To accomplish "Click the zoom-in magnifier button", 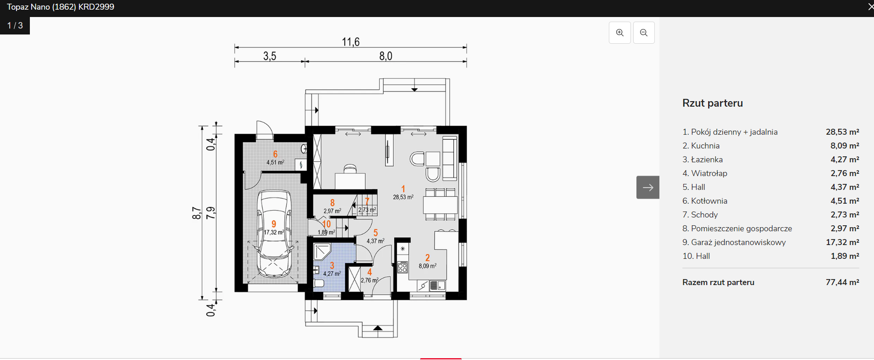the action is click(x=620, y=33).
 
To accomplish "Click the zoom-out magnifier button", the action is click(x=644, y=33).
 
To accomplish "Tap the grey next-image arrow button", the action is click(x=648, y=187).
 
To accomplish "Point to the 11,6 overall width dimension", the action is click(x=351, y=42).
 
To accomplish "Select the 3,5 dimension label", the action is click(x=270, y=56).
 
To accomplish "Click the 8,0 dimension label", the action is click(x=386, y=56).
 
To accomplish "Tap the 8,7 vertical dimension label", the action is click(x=197, y=213).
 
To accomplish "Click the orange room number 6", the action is click(x=275, y=154).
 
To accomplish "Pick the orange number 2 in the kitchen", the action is click(x=427, y=258).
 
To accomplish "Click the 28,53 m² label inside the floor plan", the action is click(x=403, y=197).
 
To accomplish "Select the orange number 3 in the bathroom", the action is click(x=332, y=266).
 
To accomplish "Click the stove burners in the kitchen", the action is click(x=403, y=267).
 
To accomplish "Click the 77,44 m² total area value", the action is click(x=842, y=282).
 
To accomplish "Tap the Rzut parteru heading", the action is click(x=713, y=103).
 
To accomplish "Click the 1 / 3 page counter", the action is click(x=15, y=26).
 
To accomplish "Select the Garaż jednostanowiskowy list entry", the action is click(x=734, y=242).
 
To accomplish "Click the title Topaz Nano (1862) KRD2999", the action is click(x=61, y=7).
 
